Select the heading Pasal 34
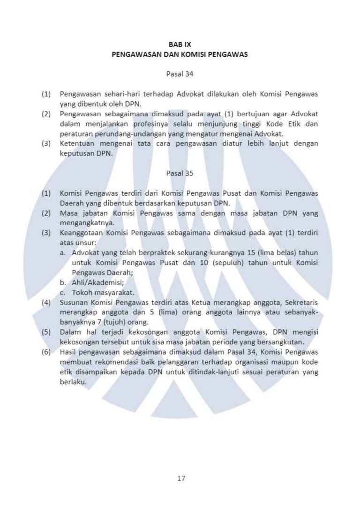[180, 74]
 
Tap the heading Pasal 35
[180, 173]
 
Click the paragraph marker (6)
[46, 352]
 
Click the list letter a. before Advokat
[62, 253]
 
